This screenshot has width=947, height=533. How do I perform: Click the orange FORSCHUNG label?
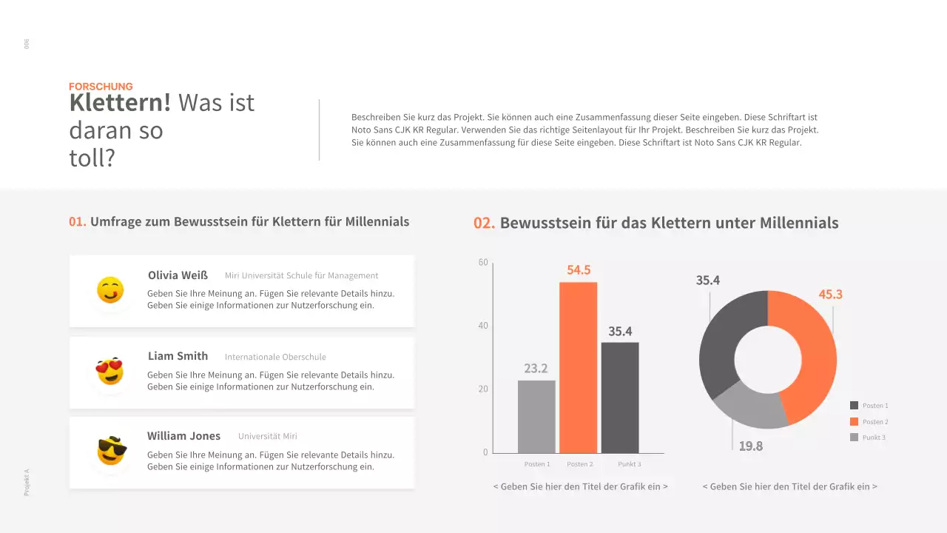point(101,87)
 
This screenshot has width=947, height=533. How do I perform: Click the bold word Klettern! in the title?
point(120,103)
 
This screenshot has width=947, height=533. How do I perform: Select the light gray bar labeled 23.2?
point(536,416)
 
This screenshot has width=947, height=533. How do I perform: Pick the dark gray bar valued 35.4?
point(619,398)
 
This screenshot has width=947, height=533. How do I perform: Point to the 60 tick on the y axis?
point(483,262)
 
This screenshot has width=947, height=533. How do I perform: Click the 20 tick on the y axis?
point(483,389)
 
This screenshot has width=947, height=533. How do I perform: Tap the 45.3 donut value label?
point(830,295)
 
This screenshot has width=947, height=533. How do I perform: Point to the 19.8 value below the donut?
point(750,446)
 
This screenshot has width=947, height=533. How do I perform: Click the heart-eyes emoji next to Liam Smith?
point(109,371)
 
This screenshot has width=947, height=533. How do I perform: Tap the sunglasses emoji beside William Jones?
point(111,451)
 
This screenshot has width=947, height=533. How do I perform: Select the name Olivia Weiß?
point(178,275)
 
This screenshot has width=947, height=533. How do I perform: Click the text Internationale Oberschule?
point(275,357)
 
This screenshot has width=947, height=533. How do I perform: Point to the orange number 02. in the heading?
point(484,223)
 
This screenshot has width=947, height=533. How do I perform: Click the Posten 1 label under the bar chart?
point(537,464)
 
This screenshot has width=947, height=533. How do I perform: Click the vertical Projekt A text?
point(27,482)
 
